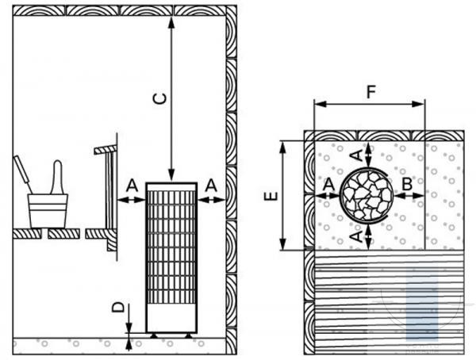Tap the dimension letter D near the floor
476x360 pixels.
(x=118, y=307)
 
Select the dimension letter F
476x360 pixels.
(x=371, y=92)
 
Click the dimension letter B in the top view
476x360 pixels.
(x=407, y=184)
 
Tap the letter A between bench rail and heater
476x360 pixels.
(x=132, y=186)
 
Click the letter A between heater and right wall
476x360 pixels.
(x=211, y=186)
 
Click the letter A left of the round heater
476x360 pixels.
(x=329, y=184)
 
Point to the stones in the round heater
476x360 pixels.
(x=367, y=194)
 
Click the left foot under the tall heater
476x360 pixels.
(x=154, y=335)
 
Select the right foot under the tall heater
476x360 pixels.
(x=189, y=335)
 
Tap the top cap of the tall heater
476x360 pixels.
(x=171, y=186)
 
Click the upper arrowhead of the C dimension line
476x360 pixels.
(x=171, y=22)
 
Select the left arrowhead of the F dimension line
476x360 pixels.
(x=321, y=104)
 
